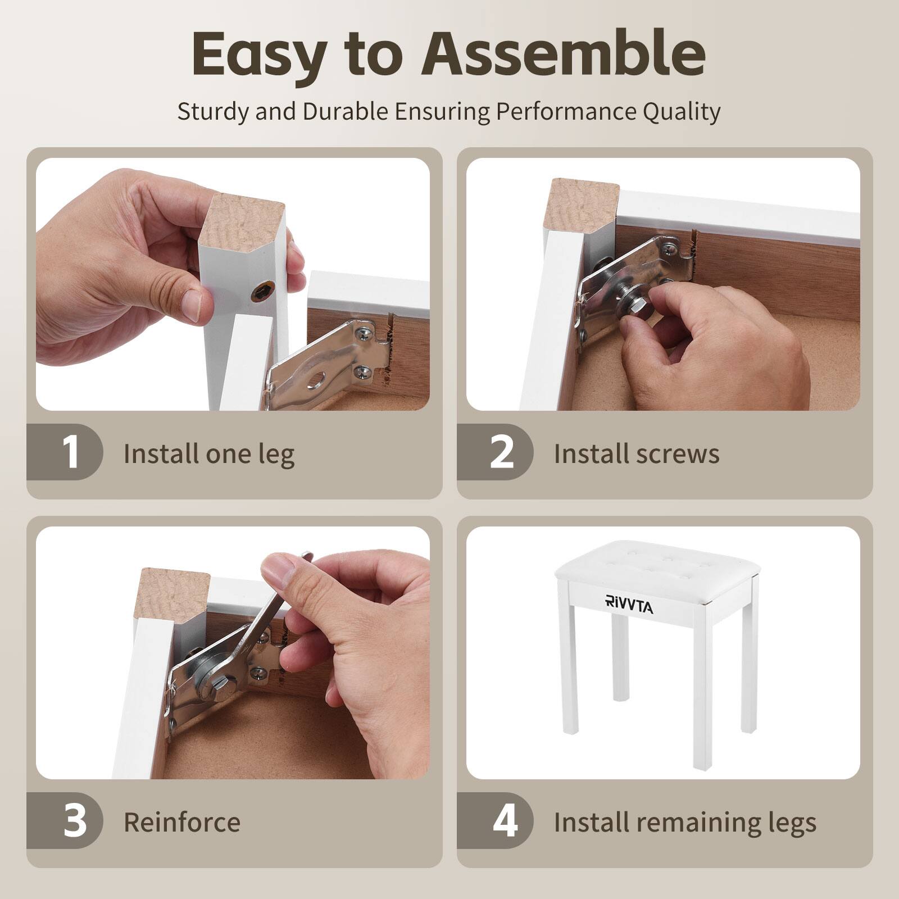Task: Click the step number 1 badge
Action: pyautogui.click(x=71, y=452)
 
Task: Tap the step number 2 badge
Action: pyautogui.click(x=502, y=452)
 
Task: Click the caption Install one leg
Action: pyautogui.click(x=209, y=454)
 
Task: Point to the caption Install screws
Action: pyautogui.click(x=637, y=453)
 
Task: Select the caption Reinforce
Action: pyautogui.click(x=182, y=822)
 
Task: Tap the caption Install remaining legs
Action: pyautogui.click(x=685, y=823)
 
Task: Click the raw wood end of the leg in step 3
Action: pyautogui.click(x=175, y=595)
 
